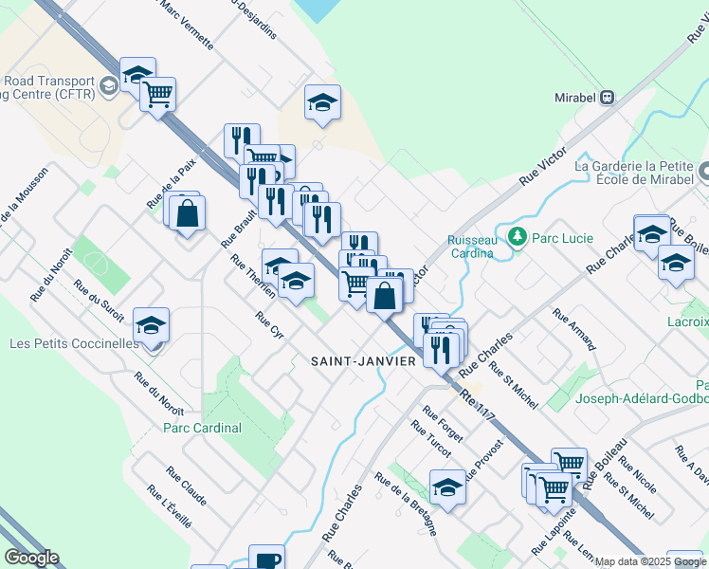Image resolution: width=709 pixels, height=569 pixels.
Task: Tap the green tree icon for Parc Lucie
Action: (518, 234)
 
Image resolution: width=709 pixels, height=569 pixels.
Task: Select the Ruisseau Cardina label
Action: (472, 247)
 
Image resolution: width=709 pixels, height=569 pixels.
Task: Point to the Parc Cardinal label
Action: (202, 428)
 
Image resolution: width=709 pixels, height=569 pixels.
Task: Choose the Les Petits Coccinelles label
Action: (73, 343)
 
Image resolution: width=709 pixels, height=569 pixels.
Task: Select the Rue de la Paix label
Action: (172, 183)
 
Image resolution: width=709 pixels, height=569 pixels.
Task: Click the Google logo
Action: (31, 558)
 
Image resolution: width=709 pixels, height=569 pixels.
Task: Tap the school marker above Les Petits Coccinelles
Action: (152, 325)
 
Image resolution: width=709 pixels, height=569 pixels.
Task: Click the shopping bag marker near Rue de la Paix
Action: (187, 212)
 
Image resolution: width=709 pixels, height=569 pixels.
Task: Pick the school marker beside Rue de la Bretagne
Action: (447, 487)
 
